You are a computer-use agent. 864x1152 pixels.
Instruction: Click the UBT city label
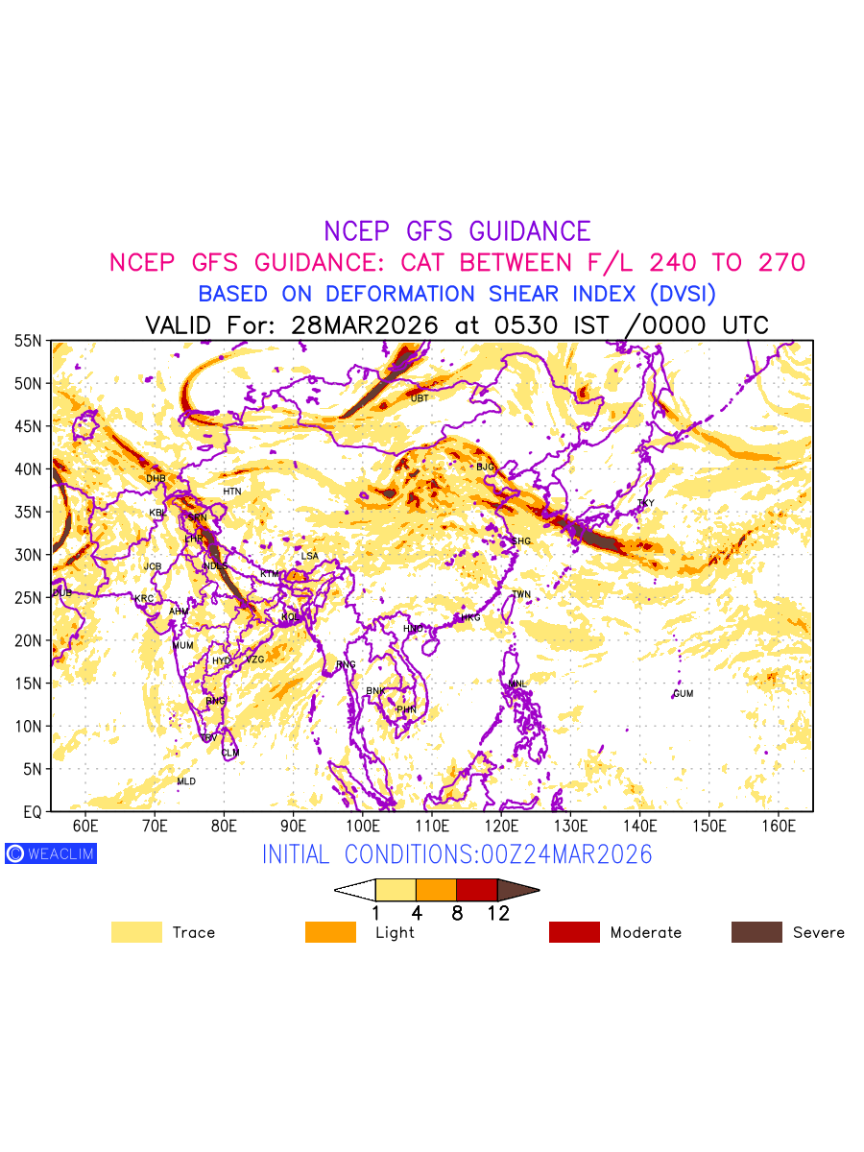click(420, 397)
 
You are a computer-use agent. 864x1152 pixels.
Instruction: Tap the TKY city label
click(645, 503)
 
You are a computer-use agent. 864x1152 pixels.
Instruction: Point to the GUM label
click(684, 693)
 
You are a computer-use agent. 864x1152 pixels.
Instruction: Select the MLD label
click(186, 781)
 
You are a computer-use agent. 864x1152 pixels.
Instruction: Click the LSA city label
click(309, 556)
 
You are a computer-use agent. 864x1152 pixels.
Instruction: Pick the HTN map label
click(232, 492)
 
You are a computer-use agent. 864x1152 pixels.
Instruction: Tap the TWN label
click(521, 594)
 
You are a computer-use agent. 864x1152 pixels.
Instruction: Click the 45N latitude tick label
click(28, 426)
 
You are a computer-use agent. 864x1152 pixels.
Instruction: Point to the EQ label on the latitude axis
click(33, 812)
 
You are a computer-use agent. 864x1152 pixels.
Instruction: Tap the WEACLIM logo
click(51, 853)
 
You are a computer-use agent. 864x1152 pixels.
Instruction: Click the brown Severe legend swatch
click(756, 932)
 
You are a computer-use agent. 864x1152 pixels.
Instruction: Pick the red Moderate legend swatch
click(574, 932)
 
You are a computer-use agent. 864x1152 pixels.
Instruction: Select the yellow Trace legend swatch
click(136, 932)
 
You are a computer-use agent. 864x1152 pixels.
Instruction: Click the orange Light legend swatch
click(330, 932)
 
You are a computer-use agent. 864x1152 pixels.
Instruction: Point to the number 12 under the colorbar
click(497, 913)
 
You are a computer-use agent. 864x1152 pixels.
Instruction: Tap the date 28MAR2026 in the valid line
click(364, 324)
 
